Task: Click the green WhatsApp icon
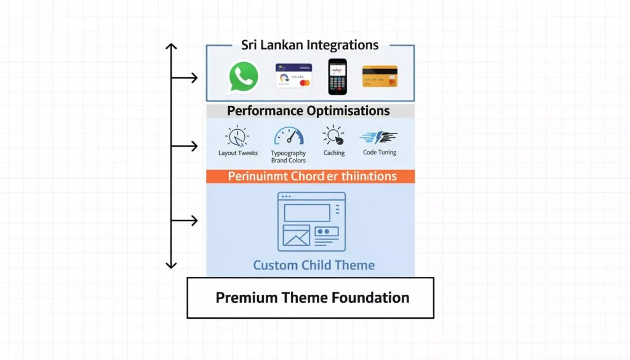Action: (244, 77)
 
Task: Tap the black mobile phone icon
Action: (337, 76)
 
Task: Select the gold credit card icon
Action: (380, 76)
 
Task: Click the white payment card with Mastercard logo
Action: (293, 76)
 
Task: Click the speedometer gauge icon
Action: (289, 136)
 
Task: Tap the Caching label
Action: (334, 153)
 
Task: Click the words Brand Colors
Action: (289, 161)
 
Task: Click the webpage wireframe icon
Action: (311, 222)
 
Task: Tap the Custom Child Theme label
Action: (314, 265)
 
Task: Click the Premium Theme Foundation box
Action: (310, 298)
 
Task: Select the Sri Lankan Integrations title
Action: (309, 45)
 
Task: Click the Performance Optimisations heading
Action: (308, 111)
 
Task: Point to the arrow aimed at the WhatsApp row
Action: (185, 78)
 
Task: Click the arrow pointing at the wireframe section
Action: (185, 220)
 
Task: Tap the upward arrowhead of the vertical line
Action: (171, 47)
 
